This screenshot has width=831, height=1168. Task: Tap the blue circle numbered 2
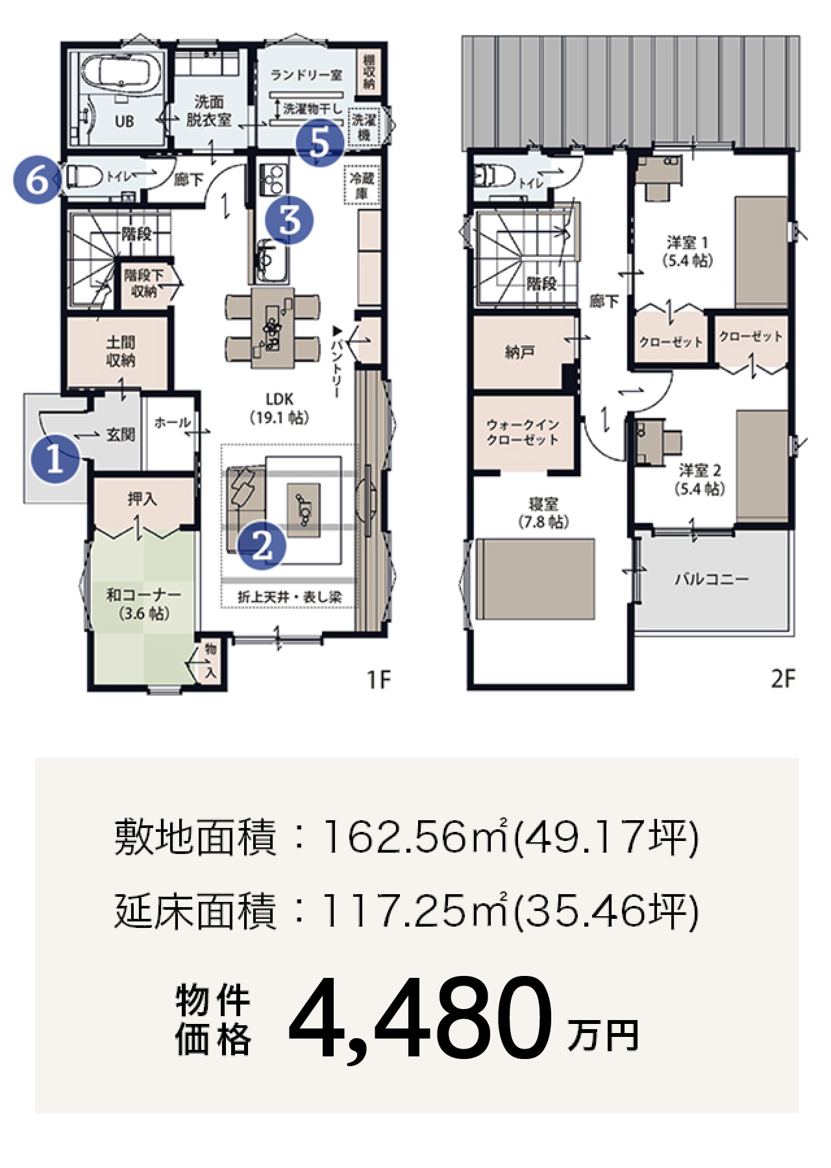[262, 547]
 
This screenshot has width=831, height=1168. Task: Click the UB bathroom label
[124, 121]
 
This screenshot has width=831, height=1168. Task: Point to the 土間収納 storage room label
[121, 351]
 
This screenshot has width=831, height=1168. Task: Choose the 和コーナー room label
[143, 603]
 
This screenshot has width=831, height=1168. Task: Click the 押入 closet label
[142, 498]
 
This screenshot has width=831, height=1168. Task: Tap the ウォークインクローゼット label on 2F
[523, 432]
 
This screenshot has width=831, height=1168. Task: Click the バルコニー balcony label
[712, 578]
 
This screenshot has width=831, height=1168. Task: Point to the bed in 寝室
[536, 579]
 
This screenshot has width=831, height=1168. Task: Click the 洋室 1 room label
[688, 252]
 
